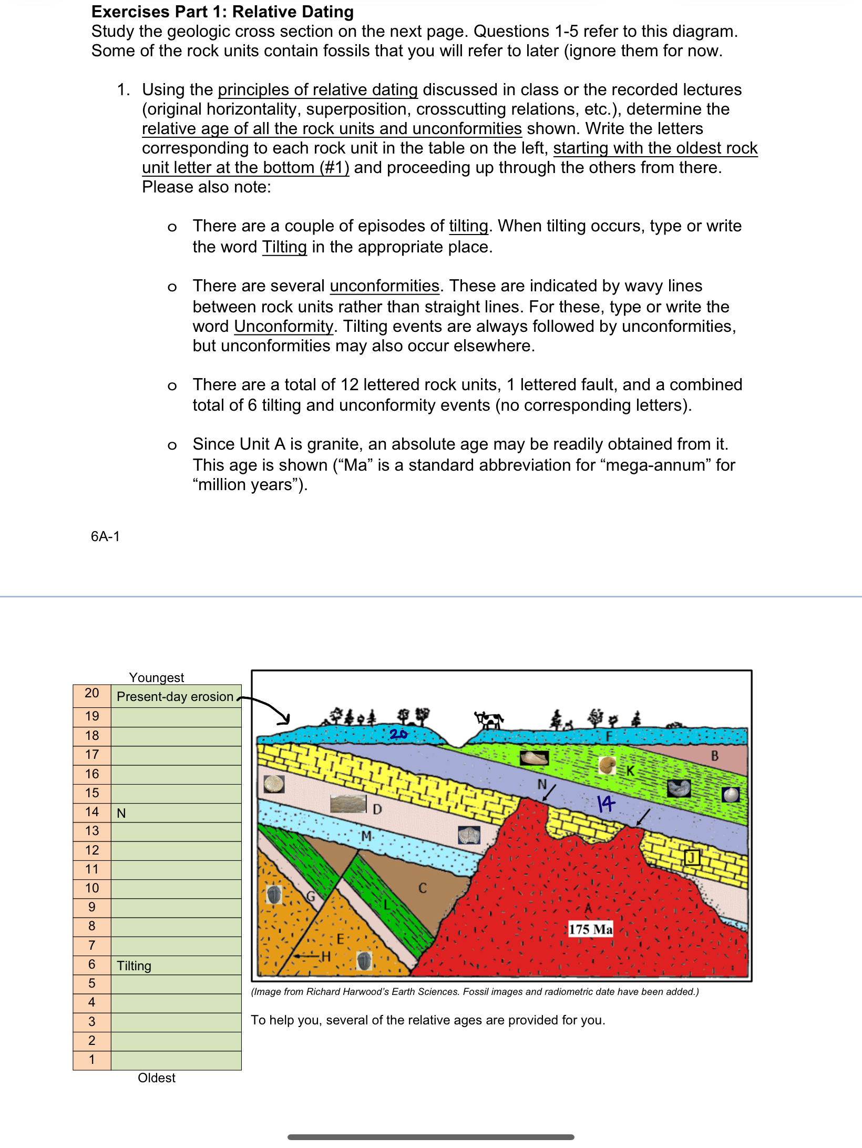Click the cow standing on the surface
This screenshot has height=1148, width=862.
point(490,719)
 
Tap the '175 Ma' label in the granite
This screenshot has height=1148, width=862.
point(590,929)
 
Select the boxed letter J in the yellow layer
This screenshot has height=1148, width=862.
point(692,858)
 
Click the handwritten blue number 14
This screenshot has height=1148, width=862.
point(606,803)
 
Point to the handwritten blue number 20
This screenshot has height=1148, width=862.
point(398,734)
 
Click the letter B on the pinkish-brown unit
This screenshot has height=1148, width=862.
point(714,756)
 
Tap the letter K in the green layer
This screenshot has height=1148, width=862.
point(630,771)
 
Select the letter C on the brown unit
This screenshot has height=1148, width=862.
point(422,888)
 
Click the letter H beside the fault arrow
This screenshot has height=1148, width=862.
point(326,956)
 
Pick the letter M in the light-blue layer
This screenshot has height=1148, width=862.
point(366,836)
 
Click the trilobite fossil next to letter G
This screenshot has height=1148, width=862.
point(274,894)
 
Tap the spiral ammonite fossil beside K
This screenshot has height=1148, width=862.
point(607,765)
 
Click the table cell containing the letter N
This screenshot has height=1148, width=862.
point(176,813)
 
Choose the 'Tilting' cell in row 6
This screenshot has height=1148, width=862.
point(176,966)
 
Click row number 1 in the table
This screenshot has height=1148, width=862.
point(92,1060)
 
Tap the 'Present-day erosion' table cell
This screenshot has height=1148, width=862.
point(175,696)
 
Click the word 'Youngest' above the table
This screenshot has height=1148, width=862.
point(157,677)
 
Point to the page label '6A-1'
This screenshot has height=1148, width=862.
point(105,536)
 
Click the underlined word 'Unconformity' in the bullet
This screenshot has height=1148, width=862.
point(283,327)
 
